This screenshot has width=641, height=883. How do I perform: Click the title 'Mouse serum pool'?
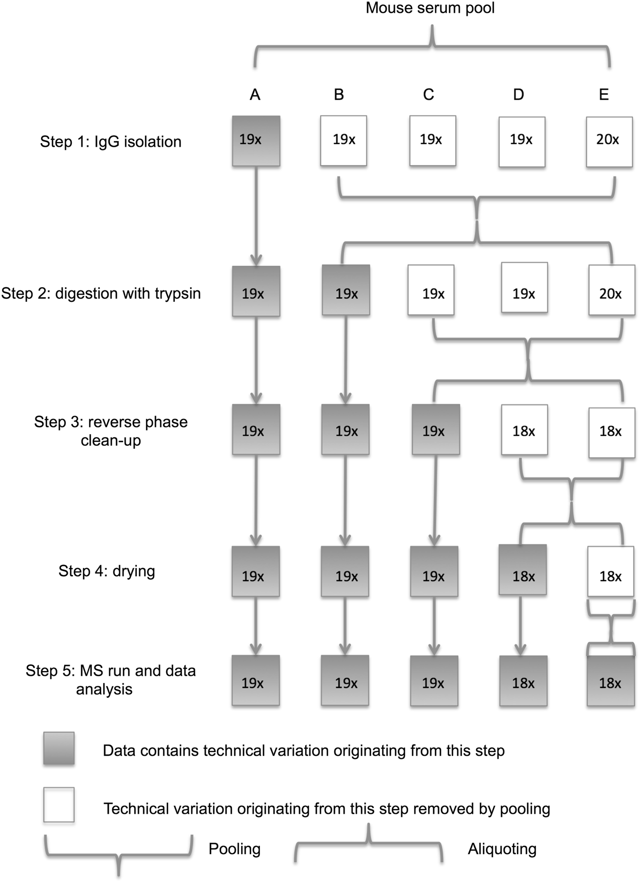(430, 9)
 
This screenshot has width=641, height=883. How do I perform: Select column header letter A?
(255, 94)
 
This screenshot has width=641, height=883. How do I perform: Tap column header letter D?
(518, 94)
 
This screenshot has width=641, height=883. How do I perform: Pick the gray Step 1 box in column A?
(256, 141)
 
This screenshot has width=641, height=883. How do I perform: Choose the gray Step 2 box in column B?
(346, 290)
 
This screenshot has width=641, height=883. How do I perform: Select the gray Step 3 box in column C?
(435, 429)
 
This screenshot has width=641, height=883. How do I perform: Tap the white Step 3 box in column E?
(611, 433)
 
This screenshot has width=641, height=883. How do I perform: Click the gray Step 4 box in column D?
(523, 570)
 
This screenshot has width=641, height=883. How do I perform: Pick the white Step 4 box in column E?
(611, 571)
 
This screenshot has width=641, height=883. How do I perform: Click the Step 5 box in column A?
(255, 680)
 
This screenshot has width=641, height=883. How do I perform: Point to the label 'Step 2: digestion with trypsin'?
(101, 293)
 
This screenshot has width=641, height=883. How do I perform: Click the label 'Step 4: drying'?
(107, 571)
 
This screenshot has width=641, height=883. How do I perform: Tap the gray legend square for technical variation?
(59, 749)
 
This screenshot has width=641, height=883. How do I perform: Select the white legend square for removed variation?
(59, 804)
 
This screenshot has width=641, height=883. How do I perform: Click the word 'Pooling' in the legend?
(234, 849)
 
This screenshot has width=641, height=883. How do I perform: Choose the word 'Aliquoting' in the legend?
(502, 849)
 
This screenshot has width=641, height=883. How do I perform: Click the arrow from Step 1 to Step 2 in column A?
(256, 215)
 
